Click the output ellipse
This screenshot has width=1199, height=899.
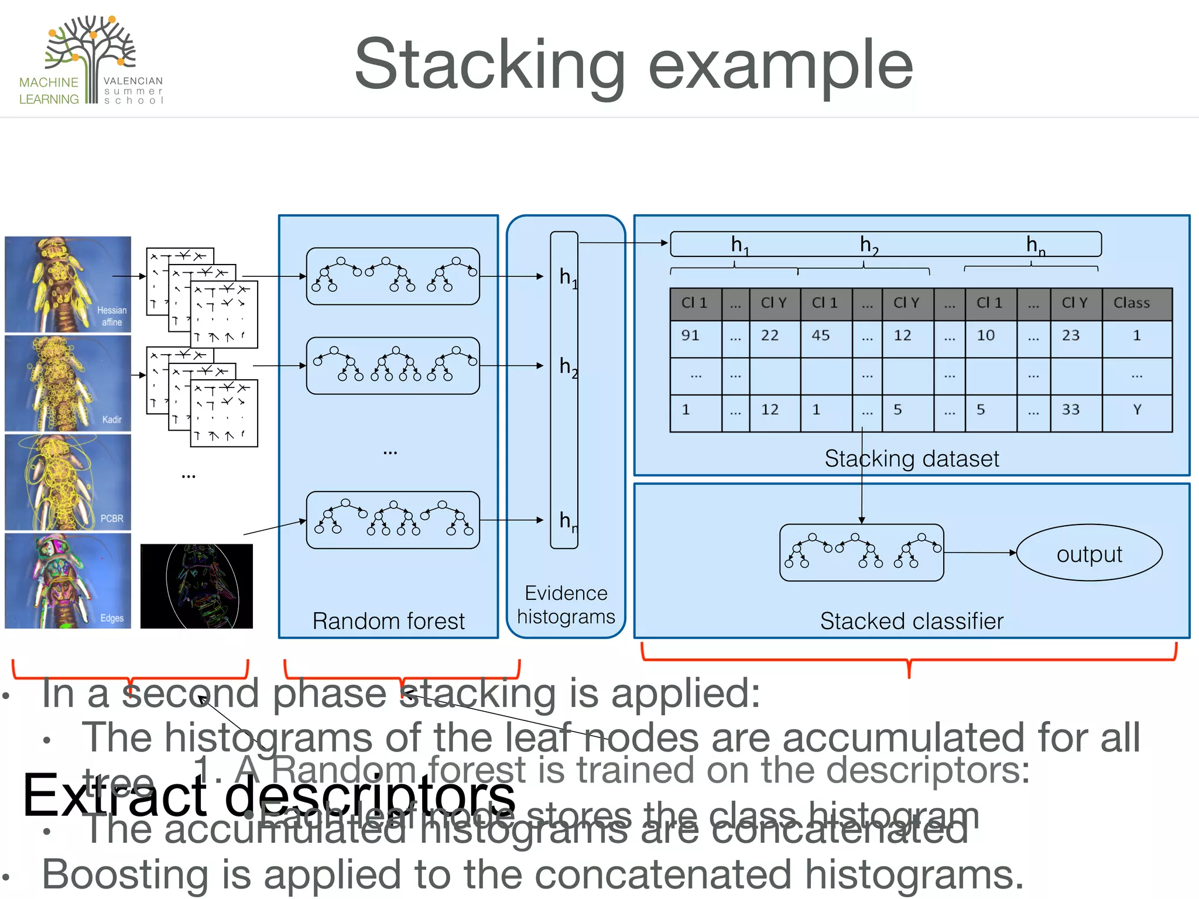pyautogui.click(x=1089, y=553)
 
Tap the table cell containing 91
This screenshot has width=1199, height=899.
pyautogui.click(x=696, y=336)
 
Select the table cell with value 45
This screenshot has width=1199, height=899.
pyautogui.click(x=825, y=336)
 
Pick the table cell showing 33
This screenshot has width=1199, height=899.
pyautogui.click(x=1075, y=410)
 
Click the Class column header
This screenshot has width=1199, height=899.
pyautogui.click(x=1136, y=303)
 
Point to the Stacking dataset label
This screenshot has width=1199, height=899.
pyautogui.click(x=911, y=459)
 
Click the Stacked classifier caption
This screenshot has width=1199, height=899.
pyautogui.click(x=911, y=621)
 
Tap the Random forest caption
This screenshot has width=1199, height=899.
pyautogui.click(x=388, y=621)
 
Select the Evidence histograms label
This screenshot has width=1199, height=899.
pyautogui.click(x=566, y=605)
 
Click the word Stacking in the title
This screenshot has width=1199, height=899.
pyautogui.click(x=489, y=64)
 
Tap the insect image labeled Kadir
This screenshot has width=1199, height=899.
pyautogui.click(x=68, y=383)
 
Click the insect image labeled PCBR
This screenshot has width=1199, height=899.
pyautogui.click(x=68, y=482)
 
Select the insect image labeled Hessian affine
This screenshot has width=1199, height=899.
pyautogui.click(x=68, y=284)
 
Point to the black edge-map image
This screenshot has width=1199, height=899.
pyautogui.click(x=197, y=586)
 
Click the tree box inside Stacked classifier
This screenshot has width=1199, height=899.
pyautogui.click(x=861, y=553)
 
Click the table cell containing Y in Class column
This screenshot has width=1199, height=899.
pyautogui.click(x=1136, y=410)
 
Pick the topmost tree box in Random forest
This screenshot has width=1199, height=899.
pyautogui.click(x=393, y=276)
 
